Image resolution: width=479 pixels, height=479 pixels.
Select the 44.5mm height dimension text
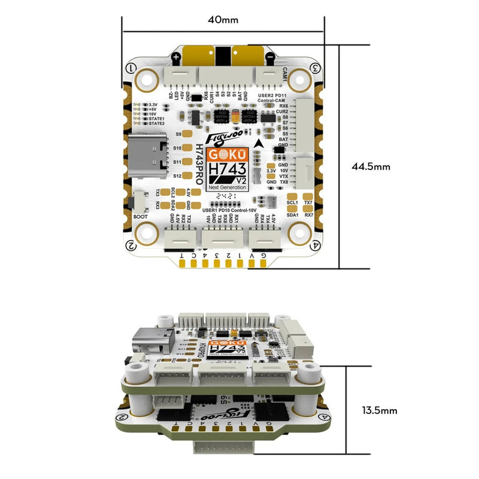[x=371, y=167]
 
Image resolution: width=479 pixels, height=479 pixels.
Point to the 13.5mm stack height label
[x=380, y=411]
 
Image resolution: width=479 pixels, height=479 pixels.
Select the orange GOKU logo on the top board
[x=223, y=154]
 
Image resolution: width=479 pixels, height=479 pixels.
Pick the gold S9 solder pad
[x=187, y=135]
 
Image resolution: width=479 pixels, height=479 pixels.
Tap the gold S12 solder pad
[x=187, y=176]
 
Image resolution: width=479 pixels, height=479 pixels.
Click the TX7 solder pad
[x=308, y=196]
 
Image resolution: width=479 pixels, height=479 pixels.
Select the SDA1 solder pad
[x=293, y=208]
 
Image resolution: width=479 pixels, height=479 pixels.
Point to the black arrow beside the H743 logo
[x=258, y=144]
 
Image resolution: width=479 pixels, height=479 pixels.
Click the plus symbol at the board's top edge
[x=177, y=58]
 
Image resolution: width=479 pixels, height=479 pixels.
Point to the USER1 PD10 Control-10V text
[x=228, y=210]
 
